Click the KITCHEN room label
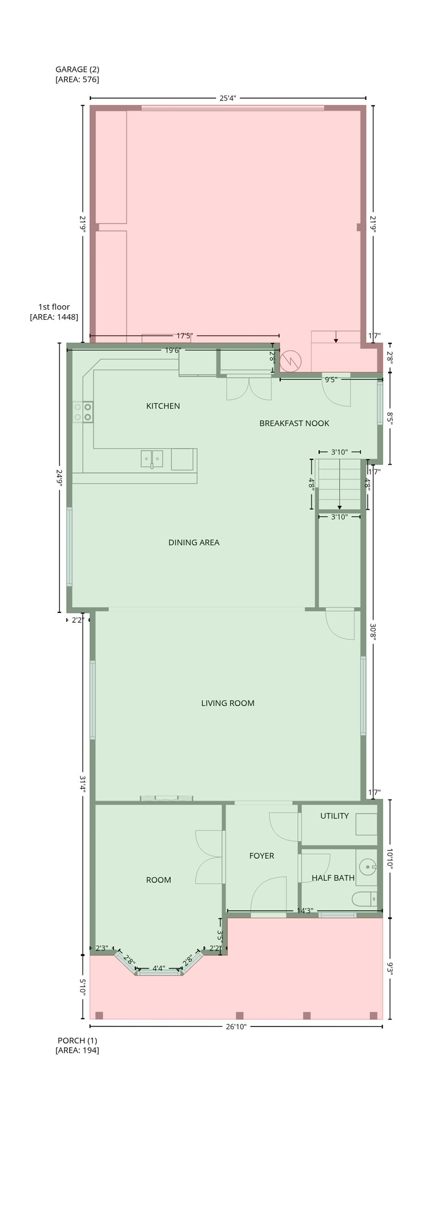coord(163,406)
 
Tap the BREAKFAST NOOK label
coord(294,423)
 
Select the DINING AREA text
coord(194,542)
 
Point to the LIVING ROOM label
coord(228,703)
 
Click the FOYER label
coord(262,856)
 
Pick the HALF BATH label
coord(333,878)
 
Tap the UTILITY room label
coord(334,816)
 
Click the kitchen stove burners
coord(83,412)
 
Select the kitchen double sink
coord(151,459)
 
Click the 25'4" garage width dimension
coord(228,98)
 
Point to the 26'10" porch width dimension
coord(236,1027)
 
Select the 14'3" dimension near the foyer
coord(305,911)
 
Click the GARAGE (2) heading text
coord(77,69)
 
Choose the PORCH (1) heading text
coord(77,1040)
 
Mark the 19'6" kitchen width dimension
coord(173,350)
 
